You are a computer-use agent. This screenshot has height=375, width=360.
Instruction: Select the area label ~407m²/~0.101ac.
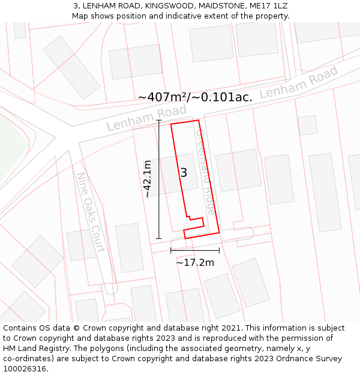click(x=195, y=97)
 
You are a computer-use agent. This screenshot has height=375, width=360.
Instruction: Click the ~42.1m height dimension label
click(x=148, y=179)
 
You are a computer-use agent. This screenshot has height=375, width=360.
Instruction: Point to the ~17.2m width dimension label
click(x=195, y=262)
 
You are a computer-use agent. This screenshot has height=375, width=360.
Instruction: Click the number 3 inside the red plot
click(x=184, y=173)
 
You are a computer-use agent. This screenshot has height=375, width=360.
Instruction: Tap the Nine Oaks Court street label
click(x=90, y=212)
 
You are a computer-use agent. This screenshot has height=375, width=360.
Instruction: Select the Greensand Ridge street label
click(x=205, y=172)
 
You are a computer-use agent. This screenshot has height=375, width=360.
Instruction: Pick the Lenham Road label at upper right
click(x=299, y=83)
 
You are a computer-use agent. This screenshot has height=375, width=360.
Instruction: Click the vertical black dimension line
click(x=159, y=179)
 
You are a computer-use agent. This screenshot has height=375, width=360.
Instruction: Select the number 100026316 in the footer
click(x=25, y=369)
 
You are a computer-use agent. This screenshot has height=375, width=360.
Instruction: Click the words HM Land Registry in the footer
click(x=33, y=349)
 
